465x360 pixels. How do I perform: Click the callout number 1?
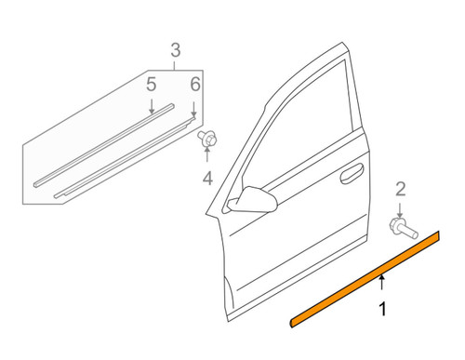pos(383,309)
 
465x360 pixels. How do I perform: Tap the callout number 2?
pos(401,189)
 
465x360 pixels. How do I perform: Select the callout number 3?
pos(176,50)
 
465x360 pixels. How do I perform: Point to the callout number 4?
pos(207,179)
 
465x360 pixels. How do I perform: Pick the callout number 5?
pos(151,85)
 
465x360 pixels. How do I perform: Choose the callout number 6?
pos(195,84)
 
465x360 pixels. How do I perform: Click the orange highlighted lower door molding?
pos(365,279)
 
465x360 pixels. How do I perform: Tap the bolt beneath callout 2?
pos(404,229)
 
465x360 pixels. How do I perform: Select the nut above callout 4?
pos(207,139)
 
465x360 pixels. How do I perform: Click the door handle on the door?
pos(352,174)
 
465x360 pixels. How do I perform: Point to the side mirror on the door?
pos(252,200)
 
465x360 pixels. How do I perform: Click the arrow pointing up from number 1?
pos(382,282)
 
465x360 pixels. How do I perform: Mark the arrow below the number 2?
pos(400,210)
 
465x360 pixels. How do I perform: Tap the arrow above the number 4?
pos(207,154)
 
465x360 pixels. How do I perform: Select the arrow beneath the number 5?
pos(152,106)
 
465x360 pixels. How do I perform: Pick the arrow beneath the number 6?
pos(193,109)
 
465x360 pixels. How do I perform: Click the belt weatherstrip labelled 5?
pos(104,145)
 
